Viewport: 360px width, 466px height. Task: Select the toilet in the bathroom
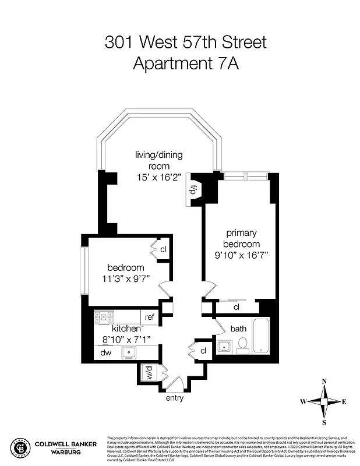[x=243, y=345]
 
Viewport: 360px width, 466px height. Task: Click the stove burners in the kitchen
[x=105, y=317]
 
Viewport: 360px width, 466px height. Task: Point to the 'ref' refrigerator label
[x=150, y=317]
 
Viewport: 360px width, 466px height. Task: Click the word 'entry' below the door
[x=175, y=398]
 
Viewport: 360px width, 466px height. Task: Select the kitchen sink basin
[x=128, y=352]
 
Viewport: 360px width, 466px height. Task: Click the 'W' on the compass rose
[x=303, y=402]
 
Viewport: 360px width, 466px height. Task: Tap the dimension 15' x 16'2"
[x=158, y=176]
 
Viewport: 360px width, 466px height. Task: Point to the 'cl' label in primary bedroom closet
[x=237, y=307]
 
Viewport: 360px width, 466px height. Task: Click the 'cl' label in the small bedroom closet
[x=163, y=250]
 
